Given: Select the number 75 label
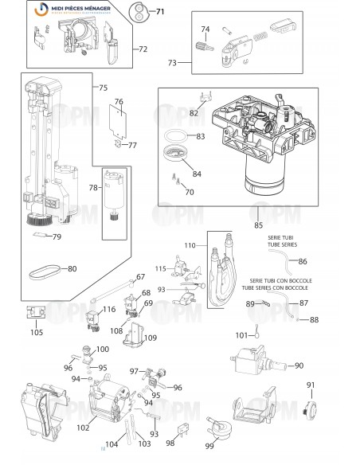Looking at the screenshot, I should (101, 88).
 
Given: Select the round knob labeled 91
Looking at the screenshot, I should (311, 411).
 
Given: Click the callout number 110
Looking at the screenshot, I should (190, 245).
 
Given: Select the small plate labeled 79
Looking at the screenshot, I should (40, 236).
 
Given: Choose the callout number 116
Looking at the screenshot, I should (108, 309).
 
